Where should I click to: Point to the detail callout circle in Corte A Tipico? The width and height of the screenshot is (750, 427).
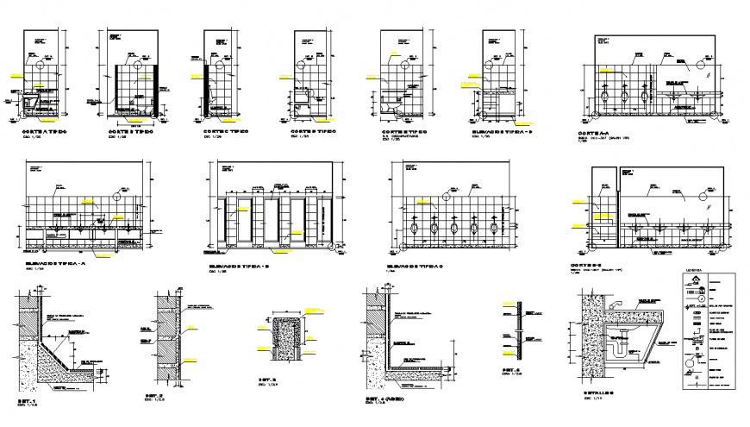click(42, 64)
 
